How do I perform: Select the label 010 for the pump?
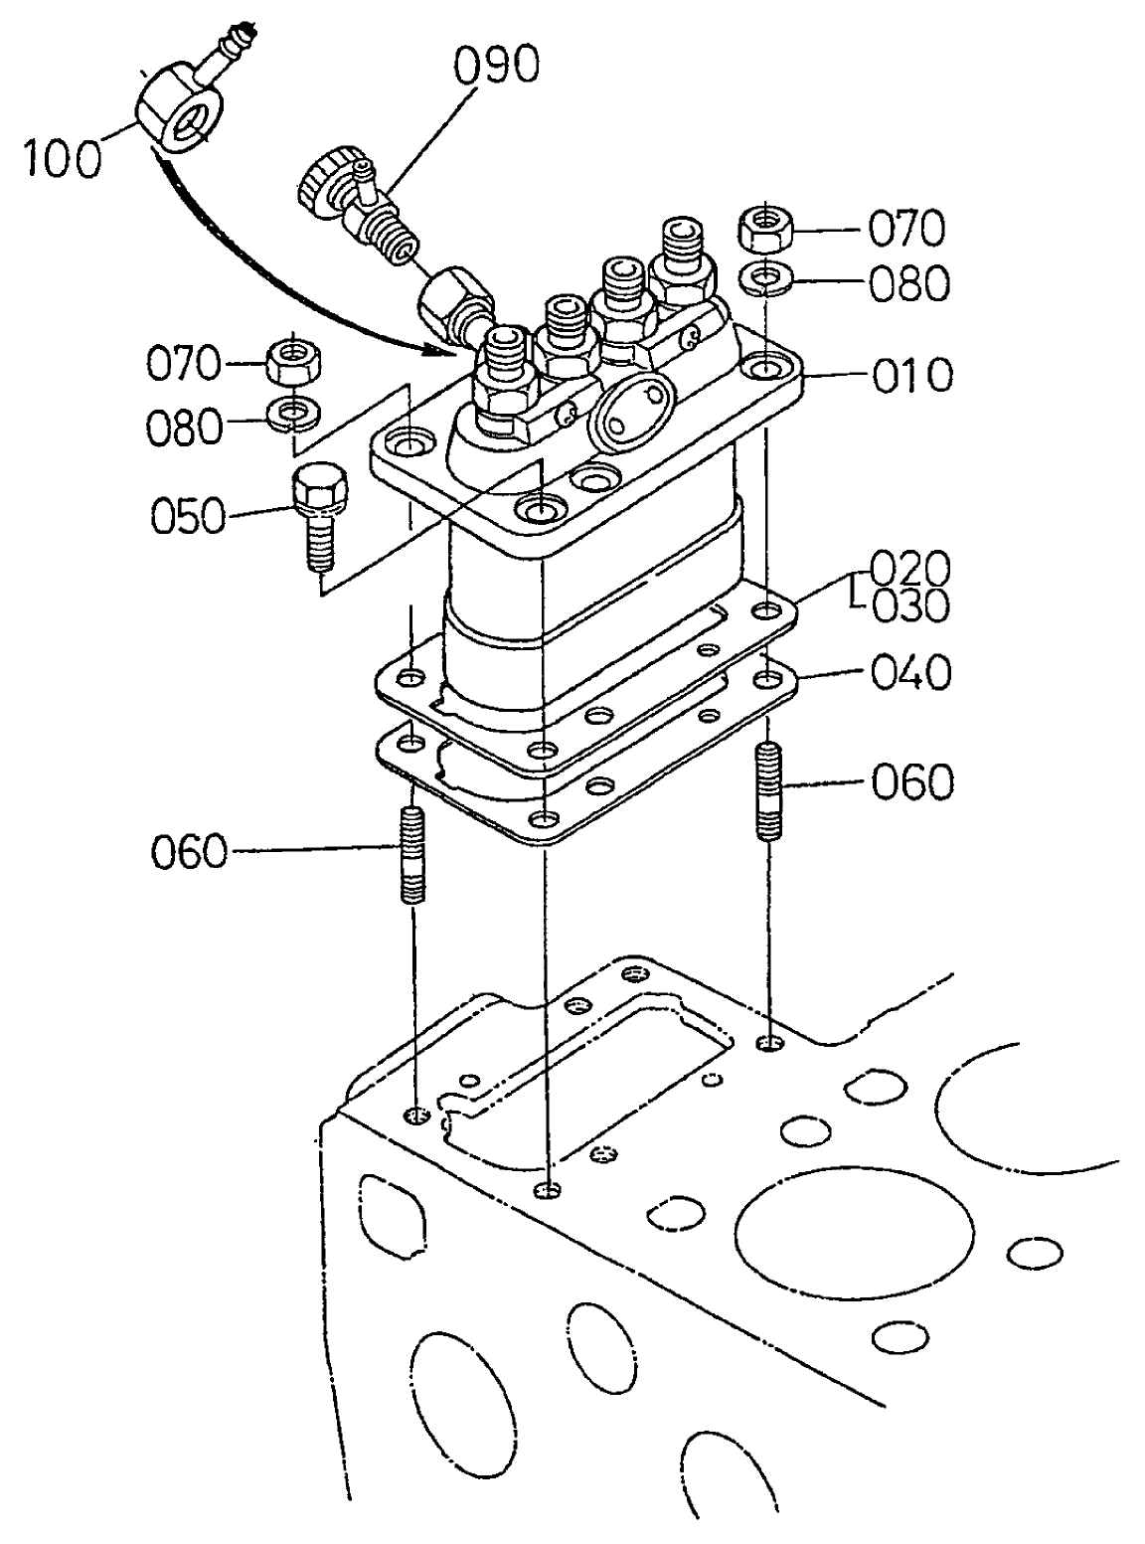coord(911,376)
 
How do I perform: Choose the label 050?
coord(189,516)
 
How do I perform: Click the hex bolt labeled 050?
coord(317,516)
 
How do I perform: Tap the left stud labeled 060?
coord(413,855)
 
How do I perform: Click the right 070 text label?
coord(905,230)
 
